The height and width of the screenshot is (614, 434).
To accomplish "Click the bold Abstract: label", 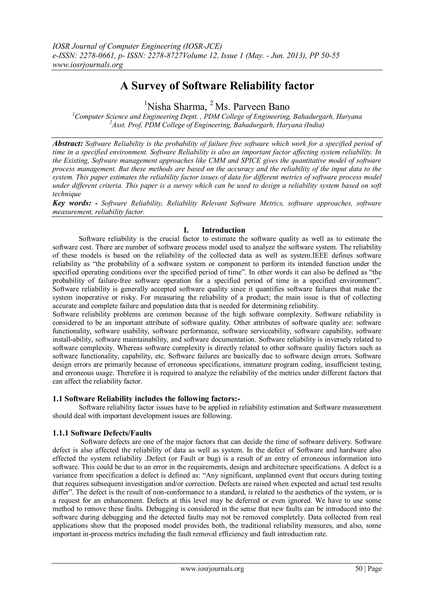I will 68,144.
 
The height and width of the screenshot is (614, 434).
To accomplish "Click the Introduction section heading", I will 223,230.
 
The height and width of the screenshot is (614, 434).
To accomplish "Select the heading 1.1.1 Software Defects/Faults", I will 102,433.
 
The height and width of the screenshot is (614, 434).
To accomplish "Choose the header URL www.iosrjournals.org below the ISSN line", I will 87,65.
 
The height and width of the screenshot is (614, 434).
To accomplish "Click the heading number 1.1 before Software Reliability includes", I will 57,399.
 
